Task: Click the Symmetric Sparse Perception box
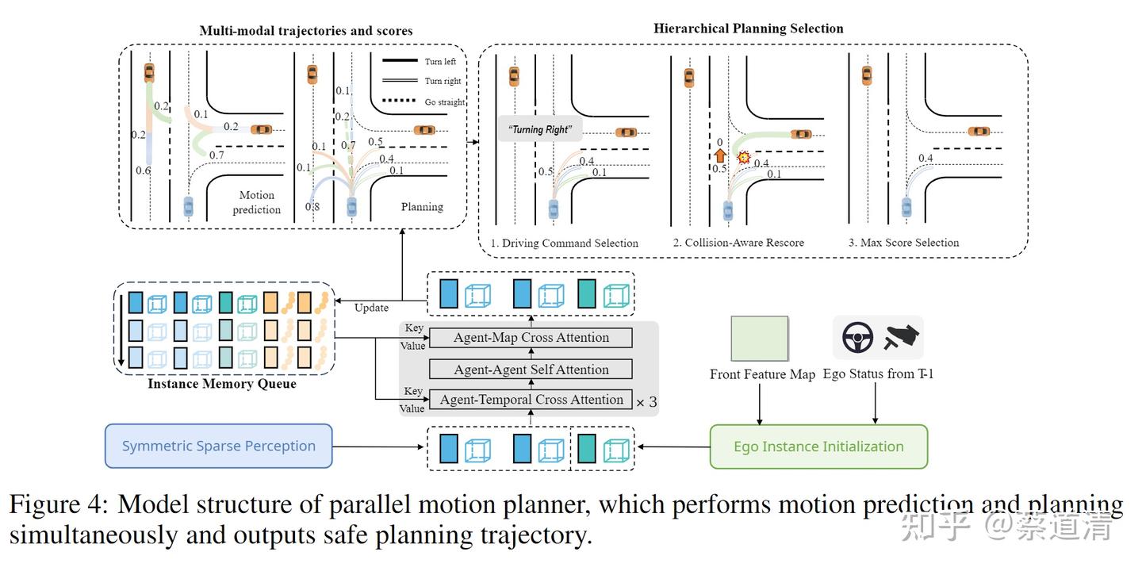218,446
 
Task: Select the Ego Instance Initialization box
818,446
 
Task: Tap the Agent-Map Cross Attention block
531,338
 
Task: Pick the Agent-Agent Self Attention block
531,370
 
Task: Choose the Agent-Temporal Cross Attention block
531,400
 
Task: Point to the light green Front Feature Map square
759,339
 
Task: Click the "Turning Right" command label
540,129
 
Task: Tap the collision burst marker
744,158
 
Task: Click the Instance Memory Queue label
222,385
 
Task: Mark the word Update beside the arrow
371,308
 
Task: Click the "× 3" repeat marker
646,402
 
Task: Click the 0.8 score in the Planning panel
313,208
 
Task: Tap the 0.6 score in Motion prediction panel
143,171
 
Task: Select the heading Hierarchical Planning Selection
748,29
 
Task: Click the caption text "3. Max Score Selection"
903,243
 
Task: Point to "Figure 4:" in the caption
59,505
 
